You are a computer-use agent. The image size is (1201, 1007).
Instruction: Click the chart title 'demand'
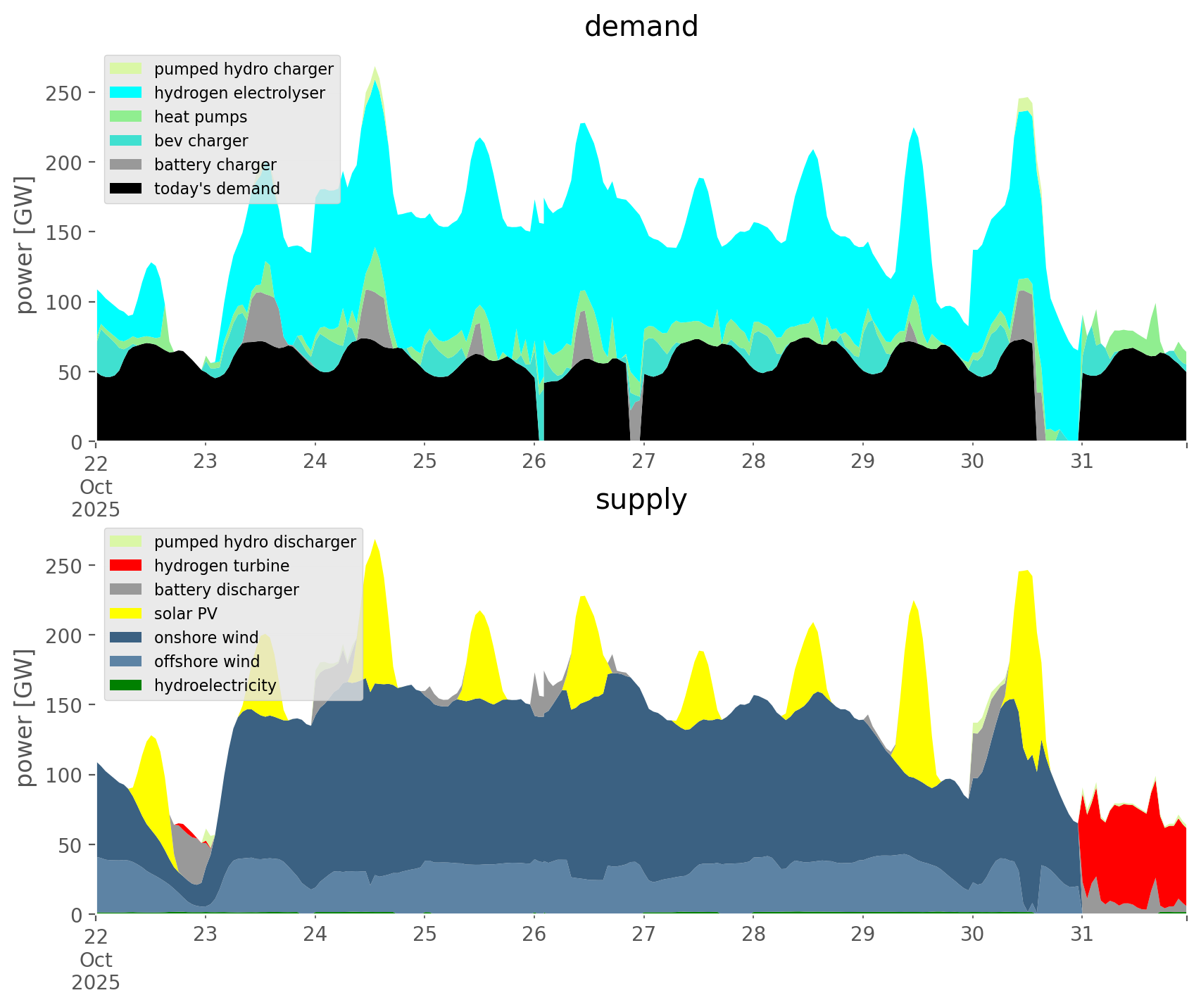[641, 27]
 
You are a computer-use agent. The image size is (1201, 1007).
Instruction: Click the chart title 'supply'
[641, 500]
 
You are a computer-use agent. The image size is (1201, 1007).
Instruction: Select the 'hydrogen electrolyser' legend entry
[239, 93]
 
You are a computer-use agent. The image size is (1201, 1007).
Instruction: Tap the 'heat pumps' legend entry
[201, 117]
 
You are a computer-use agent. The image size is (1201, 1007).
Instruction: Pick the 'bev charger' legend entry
[201, 141]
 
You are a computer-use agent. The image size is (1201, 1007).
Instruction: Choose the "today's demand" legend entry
[217, 189]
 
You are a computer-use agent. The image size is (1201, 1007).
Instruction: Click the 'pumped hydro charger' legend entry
[244, 69]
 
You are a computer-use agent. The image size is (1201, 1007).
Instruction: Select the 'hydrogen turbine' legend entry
[222, 566]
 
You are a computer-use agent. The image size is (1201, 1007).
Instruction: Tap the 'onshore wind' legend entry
[206, 638]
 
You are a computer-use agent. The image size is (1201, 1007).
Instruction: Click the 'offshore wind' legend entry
[206, 661]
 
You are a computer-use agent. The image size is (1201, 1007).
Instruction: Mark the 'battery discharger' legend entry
[226, 590]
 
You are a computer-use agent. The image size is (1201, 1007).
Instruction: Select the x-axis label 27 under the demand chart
[643, 462]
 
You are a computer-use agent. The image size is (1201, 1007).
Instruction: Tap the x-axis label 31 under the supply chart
[1081, 935]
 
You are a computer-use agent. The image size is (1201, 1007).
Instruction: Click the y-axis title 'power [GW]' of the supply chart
[25, 718]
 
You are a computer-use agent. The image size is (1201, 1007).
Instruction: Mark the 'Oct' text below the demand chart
[96, 487]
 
